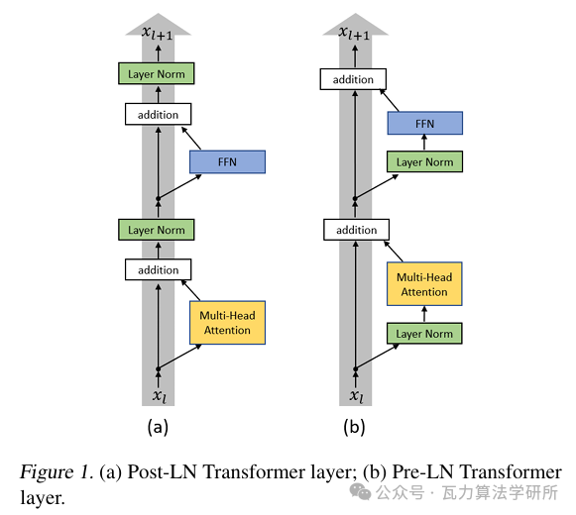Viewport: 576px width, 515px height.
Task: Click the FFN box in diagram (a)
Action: pos(227,161)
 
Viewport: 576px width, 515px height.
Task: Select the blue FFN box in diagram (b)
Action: pos(425,123)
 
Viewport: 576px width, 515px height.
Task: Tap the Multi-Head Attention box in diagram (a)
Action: pos(227,323)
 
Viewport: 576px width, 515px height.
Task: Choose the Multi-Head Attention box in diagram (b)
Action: pos(424,284)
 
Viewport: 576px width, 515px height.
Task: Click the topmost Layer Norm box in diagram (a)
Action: pos(156,73)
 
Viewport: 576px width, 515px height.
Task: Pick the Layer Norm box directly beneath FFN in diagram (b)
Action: pos(424,161)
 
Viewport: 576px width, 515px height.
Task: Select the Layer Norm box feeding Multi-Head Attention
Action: pos(424,334)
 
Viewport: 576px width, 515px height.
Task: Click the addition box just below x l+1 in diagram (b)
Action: pos(353,79)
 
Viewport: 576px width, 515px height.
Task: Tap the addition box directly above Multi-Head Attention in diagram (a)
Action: pos(158,269)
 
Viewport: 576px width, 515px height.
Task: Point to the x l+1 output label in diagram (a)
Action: pos(158,33)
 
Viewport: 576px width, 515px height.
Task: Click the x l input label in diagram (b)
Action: pos(356,396)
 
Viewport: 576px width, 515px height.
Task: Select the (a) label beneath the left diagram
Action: pos(158,427)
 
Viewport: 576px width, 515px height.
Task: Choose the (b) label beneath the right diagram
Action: pos(354,427)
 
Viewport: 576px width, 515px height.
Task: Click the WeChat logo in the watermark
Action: pos(360,492)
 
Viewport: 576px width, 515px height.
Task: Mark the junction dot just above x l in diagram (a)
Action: pos(159,368)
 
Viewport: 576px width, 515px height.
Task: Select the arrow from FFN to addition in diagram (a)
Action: pos(191,138)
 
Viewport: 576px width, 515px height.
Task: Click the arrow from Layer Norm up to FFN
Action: pos(424,143)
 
